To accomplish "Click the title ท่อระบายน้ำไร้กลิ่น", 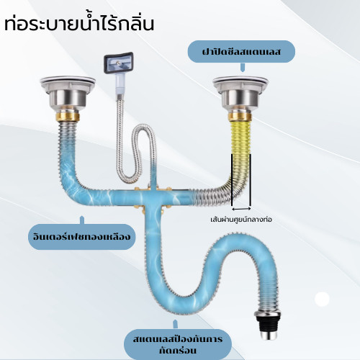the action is pos(79,23).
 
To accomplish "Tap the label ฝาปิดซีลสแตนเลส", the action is pos(241,52).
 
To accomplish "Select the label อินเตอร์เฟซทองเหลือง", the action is pos(82,237).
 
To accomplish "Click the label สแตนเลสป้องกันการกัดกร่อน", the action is pos(178,345).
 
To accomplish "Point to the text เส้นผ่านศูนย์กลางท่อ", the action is pos(241,220).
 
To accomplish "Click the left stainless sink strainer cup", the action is pos(68,94).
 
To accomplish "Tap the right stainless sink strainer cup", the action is pos(240,94).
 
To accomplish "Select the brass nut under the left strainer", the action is pos(68,117).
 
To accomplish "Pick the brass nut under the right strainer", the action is pos(240,117).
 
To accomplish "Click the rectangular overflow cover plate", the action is pos(118,63).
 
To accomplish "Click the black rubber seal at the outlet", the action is pos(268,323).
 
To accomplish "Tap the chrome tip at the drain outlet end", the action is pos(268,336).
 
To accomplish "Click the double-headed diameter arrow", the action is pos(241,209).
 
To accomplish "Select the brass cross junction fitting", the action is pos(153,196).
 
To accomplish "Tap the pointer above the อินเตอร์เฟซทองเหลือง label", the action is pos(82,220).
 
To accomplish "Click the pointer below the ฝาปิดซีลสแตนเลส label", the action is pos(243,67).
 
